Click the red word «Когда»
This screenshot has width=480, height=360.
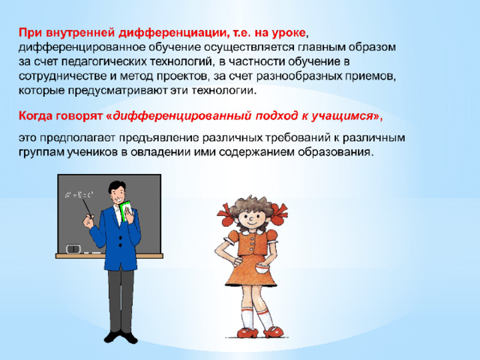tap(35, 116)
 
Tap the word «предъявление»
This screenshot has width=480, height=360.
tap(159, 138)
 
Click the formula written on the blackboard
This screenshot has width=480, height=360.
tap(79, 195)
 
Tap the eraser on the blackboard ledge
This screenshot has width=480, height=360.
tap(73, 248)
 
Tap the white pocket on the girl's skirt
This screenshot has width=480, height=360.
tap(261, 270)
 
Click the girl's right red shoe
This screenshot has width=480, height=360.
tap(274, 332)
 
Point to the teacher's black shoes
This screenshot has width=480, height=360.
tap(121, 337)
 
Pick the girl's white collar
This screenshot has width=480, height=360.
tap(253, 232)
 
